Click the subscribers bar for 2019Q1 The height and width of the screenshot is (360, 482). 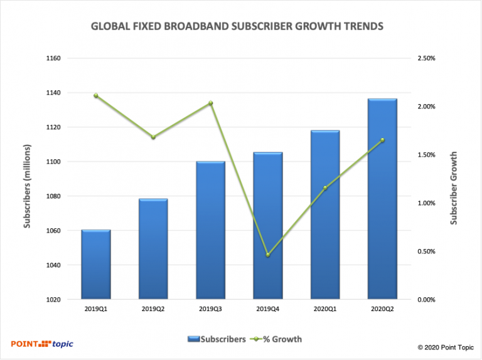point(96,265)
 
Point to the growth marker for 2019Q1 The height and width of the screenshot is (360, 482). point(96,95)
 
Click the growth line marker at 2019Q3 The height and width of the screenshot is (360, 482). point(211,103)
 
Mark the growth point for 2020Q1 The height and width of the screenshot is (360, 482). point(325,188)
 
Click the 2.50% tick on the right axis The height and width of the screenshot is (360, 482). point(426,58)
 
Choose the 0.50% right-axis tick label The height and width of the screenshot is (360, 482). point(426,251)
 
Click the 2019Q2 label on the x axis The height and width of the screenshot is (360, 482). point(153,310)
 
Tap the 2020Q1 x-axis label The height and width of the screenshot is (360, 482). point(325,310)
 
